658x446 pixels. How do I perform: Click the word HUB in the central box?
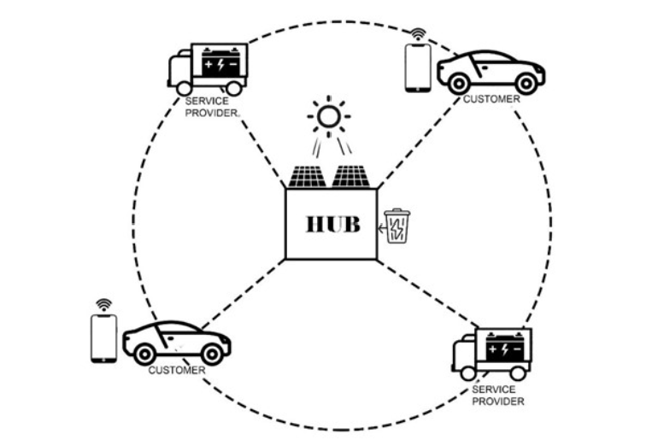[333, 225]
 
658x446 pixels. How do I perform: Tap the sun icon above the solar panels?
[329, 117]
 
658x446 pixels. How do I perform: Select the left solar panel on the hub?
[307, 177]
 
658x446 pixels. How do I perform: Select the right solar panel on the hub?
[351, 177]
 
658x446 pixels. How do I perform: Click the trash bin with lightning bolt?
[397, 226]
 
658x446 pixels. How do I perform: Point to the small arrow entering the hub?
[382, 229]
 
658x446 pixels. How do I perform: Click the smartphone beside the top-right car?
[418, 67]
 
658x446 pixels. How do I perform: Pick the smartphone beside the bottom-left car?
[103, 338]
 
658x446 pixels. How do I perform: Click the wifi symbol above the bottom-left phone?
[103, 305]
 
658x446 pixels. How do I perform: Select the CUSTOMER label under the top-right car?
[491, 99]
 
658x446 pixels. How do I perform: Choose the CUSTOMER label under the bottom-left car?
[177, 371]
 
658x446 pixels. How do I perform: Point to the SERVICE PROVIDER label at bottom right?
[497, 396]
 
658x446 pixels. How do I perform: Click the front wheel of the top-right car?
[526, 83]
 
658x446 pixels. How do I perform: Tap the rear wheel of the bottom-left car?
[144, 355]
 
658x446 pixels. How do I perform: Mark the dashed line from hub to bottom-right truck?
[428, 294]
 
